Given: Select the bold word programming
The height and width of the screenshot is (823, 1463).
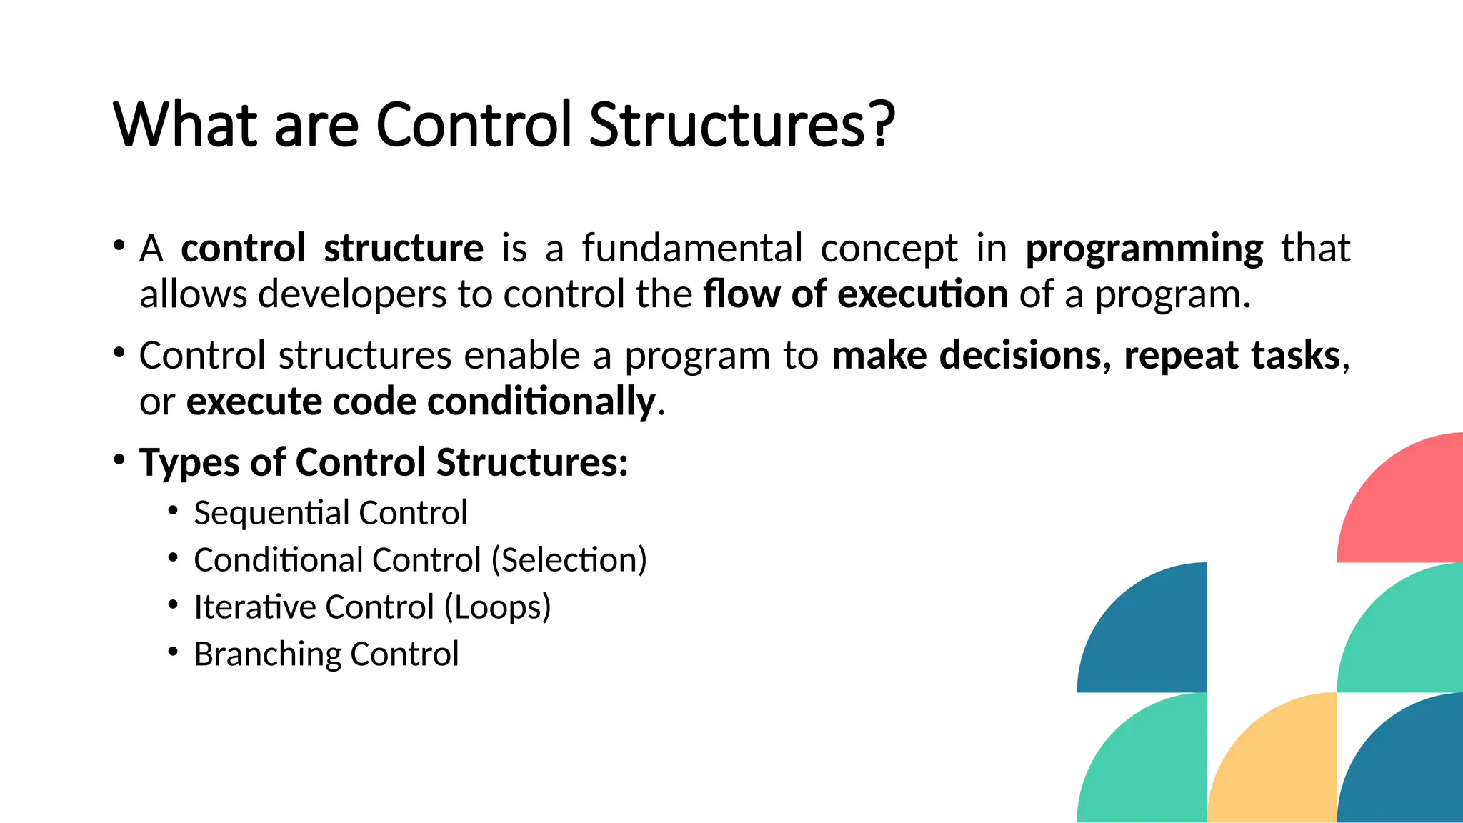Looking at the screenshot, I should (x=1144, y=249).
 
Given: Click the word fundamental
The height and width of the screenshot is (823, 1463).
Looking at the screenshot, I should (x=691, y=248).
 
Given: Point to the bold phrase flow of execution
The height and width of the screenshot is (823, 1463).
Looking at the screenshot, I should (x=855, y=294).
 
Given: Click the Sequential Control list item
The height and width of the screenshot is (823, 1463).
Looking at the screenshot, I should (x=330, y=513).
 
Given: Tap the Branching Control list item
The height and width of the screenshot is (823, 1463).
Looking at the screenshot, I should (x=326, y=654).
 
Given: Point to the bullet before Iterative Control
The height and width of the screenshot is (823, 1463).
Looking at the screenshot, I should (x=173, y=604).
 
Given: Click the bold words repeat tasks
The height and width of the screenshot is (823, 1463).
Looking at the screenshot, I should (x=1232, y=355).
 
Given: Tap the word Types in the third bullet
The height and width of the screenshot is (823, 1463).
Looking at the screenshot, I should (x=189, y=462).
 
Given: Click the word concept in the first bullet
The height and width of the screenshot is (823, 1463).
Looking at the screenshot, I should (x=889, y=249).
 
